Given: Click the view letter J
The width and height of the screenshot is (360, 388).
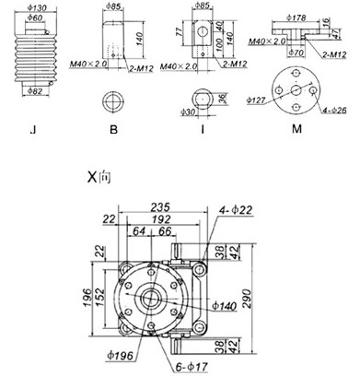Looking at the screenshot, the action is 33,130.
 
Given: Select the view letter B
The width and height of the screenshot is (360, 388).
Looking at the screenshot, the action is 113,130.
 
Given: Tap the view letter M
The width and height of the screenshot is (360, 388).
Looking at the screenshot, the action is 296,129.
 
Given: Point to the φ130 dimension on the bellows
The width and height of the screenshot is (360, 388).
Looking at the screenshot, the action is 37,7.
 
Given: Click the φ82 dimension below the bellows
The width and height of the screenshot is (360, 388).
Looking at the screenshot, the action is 35,91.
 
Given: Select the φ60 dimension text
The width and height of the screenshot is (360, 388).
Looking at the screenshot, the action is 35,18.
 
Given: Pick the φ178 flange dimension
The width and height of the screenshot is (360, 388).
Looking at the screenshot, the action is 296,18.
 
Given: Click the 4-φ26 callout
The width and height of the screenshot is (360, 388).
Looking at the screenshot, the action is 334,110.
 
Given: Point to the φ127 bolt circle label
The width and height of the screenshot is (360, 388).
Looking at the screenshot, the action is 256,100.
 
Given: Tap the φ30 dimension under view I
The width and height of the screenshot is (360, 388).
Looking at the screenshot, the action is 188,112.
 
